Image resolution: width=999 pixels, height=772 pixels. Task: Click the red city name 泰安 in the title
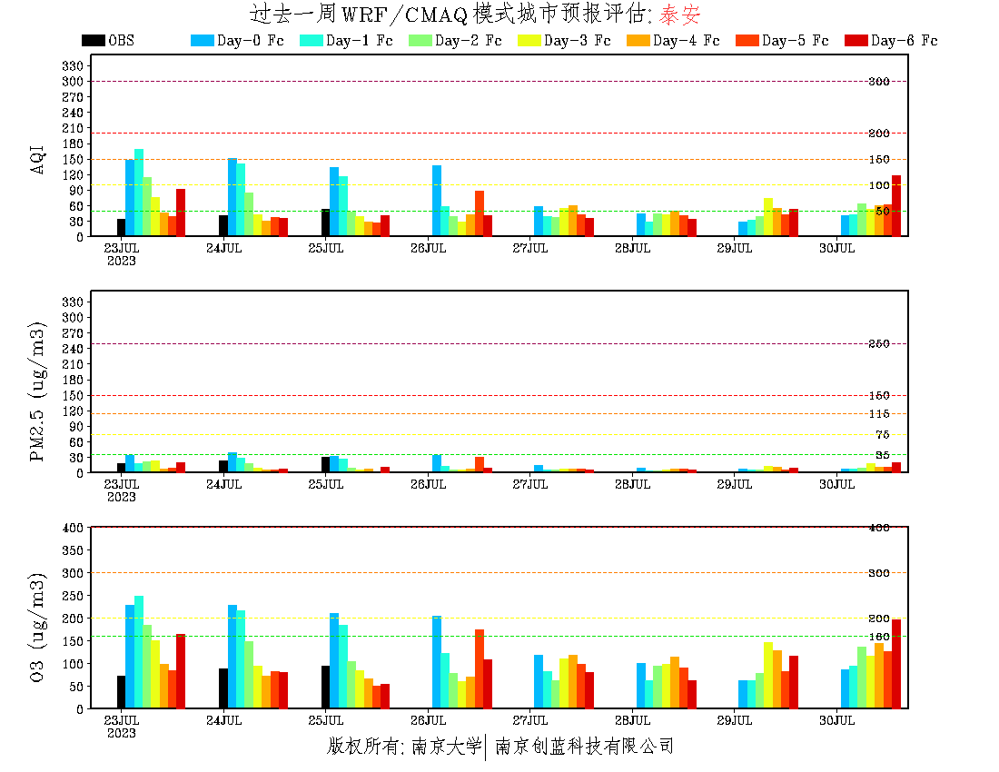[x=679, y=15]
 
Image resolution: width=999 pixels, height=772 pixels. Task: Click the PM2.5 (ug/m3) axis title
[x=38, y=391]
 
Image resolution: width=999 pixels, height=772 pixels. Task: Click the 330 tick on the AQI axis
[x=73, y=66]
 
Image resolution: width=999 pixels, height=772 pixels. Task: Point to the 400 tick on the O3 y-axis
[x=73, y=528]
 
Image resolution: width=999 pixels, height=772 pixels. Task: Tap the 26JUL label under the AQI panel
[x=428, y=248]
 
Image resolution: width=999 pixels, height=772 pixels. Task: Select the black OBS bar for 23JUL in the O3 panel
[x=121, y=692]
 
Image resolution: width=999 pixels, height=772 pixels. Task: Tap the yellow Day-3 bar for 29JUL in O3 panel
[x=768, y=676]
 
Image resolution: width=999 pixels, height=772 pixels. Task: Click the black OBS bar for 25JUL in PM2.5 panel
[x=325, y=464]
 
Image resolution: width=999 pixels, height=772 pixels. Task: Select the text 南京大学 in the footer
[x=446, y=747]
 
